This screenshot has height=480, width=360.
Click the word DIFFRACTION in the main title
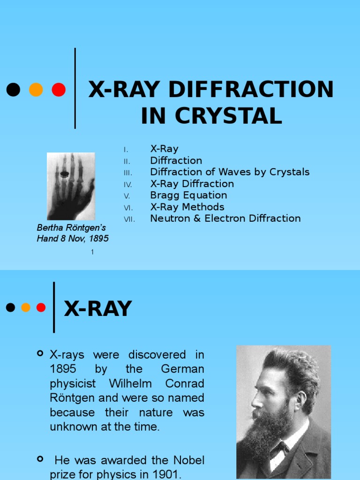[x=251, y=90]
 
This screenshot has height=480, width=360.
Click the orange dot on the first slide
[x=36, y=90]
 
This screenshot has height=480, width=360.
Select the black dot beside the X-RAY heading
[x=10, y=307]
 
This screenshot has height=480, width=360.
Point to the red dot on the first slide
[x=59, y=90]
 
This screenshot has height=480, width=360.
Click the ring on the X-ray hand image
[x=65, y=174]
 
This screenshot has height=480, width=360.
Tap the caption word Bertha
[x=49, y=228]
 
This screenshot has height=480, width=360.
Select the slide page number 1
[x=92, y=252]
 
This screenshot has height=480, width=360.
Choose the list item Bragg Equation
[x=188, y=195]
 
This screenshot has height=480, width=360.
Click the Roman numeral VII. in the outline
[x=129, y=219]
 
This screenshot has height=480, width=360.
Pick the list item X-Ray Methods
[x=187, y=207]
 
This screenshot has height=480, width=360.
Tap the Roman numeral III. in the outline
[x=128, y=173]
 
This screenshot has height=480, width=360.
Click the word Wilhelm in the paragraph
[x=130, y=383]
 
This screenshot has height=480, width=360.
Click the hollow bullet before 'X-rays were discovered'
[x=40, y=353]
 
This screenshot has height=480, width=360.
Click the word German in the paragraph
[x=182, y=369]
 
